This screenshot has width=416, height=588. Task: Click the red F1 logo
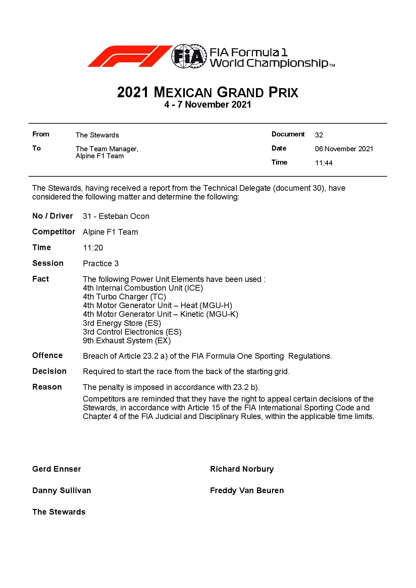pyautogui.click(x=129, y=56)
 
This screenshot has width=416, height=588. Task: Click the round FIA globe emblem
pyautogui.click(x=188, y=56)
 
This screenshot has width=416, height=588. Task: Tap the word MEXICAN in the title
pyautogui.click(x=183, y=93)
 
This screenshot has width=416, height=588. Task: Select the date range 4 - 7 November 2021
pyautogui.click(x=208, y=105)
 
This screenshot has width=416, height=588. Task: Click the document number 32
pyautogui.click(x=319, y=135)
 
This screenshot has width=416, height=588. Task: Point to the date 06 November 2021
pyautogui.click(x=344, y=149)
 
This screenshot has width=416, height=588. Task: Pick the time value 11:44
pyautogui.click(x=324, y=163)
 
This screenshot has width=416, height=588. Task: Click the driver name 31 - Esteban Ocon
pyautogui.click(x=116, y=216)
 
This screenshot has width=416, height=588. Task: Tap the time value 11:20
pyautogui.click(x=93, y=248)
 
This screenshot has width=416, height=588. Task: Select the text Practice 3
pyautogui.click(x=101, y=263)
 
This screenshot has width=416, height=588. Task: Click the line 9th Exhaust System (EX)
pyautogui.click(x=127, y=341)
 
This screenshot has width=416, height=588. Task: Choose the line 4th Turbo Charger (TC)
pyautogui.click(x=124, y=297)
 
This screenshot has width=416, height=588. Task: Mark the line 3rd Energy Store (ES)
pyautogui.click(x=122, y=323)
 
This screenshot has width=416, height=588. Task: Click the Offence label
pyautogui.click(x=47, y=355)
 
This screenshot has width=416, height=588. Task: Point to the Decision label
pyautogui.click(x=49, y=371)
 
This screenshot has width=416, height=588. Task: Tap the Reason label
pyautogui.click(x=47, y=387)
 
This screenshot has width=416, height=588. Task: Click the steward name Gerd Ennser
pyautogui.click(x=56, y=469)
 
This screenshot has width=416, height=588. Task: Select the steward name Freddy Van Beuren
pyautogui.click(x=247, y=490)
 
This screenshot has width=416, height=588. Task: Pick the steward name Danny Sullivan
pyautogui.click(x=61, y=490)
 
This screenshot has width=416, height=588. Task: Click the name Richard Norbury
pyautogui.click(x=242, y=469)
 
